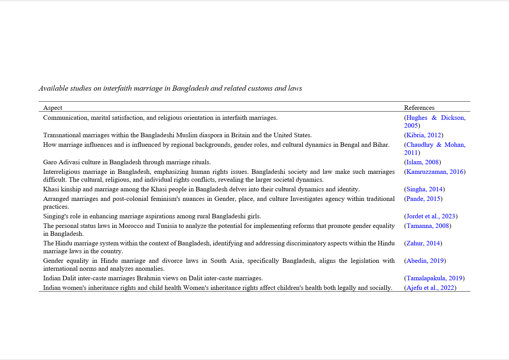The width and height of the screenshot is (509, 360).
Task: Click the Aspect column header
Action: (52, 108)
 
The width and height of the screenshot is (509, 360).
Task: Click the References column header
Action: (419, 108)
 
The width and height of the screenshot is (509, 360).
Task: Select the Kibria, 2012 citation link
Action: (424, 135)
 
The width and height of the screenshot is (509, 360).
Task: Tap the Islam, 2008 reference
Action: (422, 162)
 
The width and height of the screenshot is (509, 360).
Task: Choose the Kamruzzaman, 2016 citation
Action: (435, 172)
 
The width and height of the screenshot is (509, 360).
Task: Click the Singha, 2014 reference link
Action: (424, 189)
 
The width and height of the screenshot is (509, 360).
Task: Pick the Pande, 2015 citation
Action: (423, 199)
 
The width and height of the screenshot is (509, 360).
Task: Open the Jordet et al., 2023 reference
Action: (431, 216)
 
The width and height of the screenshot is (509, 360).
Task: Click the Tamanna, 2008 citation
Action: (427, 226)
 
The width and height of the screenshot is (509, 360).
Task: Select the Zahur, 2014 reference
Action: (423, 243)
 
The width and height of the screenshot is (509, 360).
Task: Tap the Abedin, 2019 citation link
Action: (425, 261)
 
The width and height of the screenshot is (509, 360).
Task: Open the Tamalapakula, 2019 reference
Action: (434, 278)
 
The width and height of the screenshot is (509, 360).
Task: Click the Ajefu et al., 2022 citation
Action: (430, 288)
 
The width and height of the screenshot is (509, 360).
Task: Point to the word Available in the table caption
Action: (53, 88)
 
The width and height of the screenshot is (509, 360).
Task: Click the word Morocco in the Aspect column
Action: (131, 226)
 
